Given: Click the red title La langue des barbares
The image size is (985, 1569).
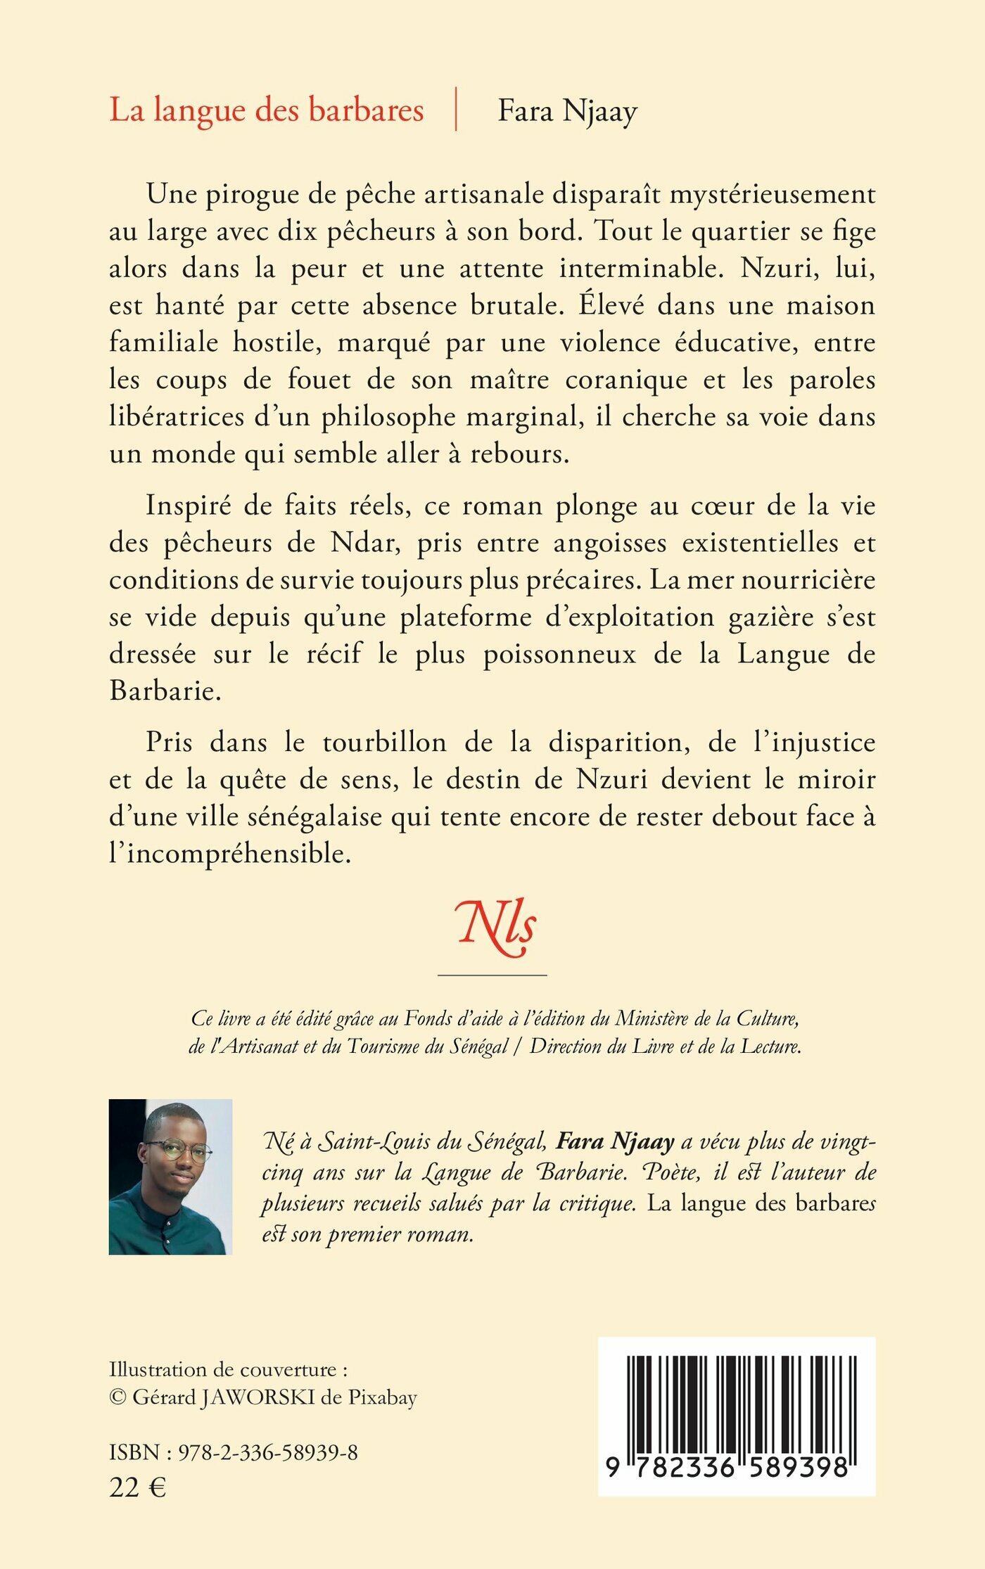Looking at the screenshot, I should pos(267,110).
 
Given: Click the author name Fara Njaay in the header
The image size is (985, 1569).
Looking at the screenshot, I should pos(567,111).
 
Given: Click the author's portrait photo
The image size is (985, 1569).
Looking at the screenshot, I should pos(170,1177).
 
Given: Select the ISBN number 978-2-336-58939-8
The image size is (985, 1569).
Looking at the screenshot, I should pos(267,1452).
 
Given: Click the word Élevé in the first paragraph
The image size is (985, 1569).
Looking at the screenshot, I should pos(606,306).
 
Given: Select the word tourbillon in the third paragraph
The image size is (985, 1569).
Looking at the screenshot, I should pos(384,743).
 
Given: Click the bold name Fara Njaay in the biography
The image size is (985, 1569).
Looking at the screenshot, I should pos(615,1141).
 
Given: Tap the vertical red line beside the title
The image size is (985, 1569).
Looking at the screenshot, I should pos(456,109).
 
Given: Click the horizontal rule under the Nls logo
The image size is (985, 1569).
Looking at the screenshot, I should pos(492,975).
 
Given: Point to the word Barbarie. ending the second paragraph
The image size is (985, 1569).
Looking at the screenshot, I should pos(165,691).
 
